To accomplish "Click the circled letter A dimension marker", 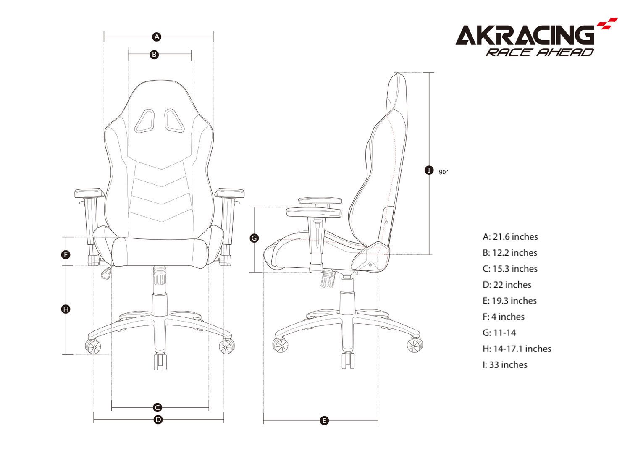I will pos(157,37).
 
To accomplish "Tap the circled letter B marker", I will pos(154,54).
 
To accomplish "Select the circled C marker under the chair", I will pos(157,407).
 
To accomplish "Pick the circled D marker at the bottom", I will pos(158,419).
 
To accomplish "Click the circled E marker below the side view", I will pos(324,420).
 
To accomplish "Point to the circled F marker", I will pos(66,254).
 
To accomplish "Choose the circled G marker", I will pos(254,238).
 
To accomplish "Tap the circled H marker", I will pos(66,309).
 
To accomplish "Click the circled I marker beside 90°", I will pos(428,170).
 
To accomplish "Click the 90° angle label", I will pos(444,172).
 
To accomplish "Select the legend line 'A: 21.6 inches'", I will pos(510,237).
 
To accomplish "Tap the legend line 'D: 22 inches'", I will pos(507,285).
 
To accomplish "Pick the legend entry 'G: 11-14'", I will pos(499,333).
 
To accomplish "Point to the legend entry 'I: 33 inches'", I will pos(505,364).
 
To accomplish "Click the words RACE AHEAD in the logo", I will pos(540,52).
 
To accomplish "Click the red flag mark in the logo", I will pos(608,24).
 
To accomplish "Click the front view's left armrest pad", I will pos(89,193).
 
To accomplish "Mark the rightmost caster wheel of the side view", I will pos(415,345).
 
